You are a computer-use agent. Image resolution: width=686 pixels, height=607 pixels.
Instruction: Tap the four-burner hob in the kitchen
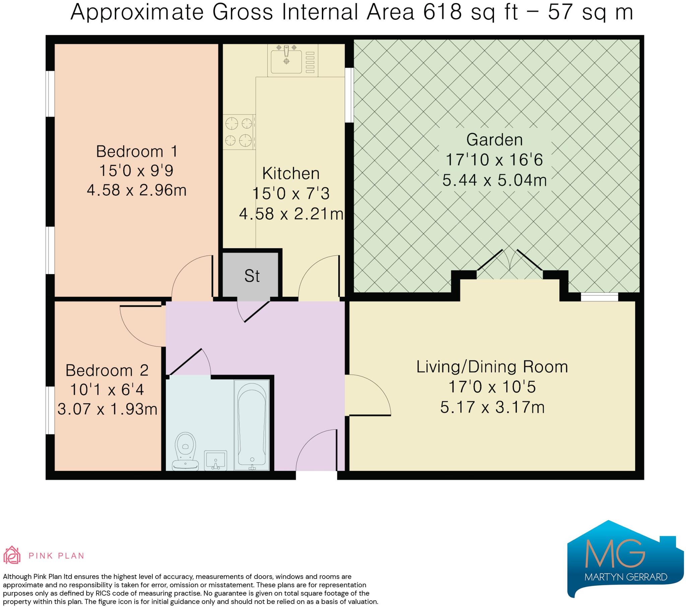click(239, 132)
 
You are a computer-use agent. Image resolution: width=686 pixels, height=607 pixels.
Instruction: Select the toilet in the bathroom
click(185, 451)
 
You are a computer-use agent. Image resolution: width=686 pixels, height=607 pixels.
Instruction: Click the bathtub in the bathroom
click(252, 425)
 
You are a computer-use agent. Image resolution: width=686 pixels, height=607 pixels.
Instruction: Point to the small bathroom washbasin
click(215, 460)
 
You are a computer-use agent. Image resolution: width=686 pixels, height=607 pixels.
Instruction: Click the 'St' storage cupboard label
click(252, 276)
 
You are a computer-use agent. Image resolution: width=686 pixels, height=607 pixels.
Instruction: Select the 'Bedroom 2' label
click(107, 370)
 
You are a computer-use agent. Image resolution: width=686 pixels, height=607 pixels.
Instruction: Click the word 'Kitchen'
click(291, 173)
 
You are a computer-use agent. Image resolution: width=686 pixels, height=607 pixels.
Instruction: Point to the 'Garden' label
click(495, 140)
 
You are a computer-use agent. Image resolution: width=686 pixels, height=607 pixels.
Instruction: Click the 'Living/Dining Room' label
click(492, 367)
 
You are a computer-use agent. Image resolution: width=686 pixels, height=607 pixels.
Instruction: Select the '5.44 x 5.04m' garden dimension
click(494, 180)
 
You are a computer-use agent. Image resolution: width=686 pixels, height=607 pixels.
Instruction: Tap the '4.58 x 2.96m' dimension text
click(137, 190)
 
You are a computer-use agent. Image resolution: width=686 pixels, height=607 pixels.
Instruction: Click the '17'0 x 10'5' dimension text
click(492, 387)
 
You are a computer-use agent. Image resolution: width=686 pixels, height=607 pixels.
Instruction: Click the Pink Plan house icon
click(12, 556)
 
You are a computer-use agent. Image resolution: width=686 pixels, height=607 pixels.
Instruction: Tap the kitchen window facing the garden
click(349, 95)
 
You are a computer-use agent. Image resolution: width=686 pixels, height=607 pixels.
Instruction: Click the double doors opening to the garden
click(509, 264)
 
